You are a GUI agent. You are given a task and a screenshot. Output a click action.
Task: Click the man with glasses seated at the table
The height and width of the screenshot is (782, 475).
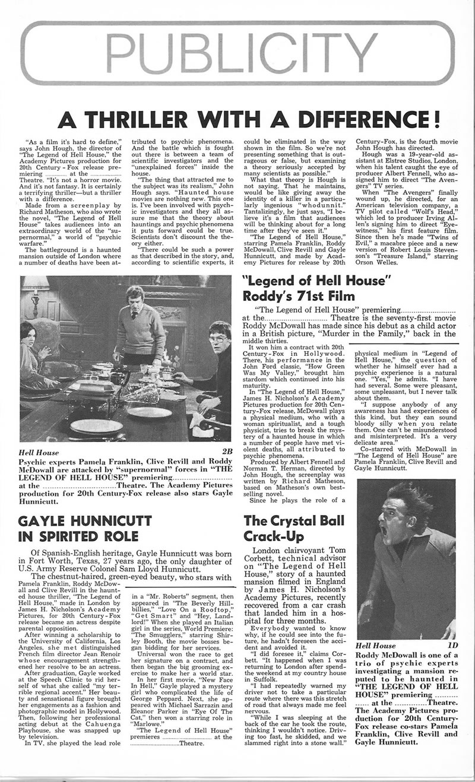[x=217, y=339]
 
